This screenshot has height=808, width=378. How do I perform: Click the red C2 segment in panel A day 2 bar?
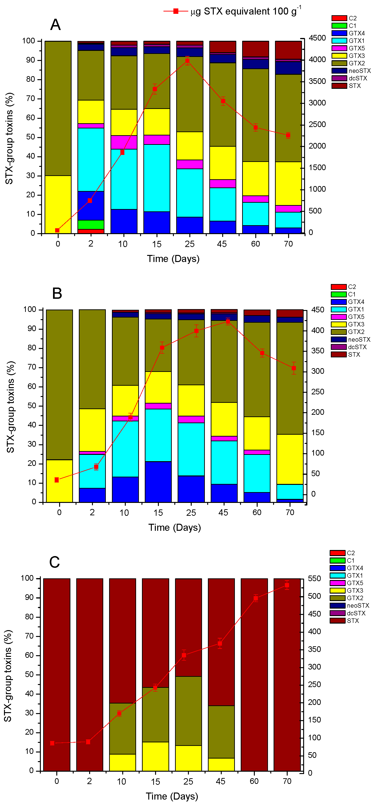tap(91, 231)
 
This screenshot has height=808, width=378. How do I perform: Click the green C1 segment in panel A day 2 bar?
tap(91, 224)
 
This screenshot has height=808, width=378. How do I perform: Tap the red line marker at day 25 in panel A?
tap(187, 61)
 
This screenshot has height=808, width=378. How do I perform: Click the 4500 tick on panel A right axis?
tap(317, 38)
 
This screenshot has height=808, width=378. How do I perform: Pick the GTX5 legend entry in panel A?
tap(348, 48)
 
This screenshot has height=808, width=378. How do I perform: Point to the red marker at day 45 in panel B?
tap(228, 321)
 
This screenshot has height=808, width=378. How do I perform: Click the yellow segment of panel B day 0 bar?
tap(59, 481)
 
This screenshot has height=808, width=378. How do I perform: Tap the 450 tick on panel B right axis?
tap(317, 310)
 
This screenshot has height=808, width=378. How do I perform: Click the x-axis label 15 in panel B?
tap(158, 512)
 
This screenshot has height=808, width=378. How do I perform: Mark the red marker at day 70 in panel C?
tap(287, 585)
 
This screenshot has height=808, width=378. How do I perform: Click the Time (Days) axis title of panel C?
tap(172, 796)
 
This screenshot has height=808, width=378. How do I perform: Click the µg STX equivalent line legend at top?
tap(232, 11)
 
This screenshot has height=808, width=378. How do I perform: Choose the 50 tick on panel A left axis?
tap(31, 137)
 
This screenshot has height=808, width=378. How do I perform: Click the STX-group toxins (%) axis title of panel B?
tap(11, 407)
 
